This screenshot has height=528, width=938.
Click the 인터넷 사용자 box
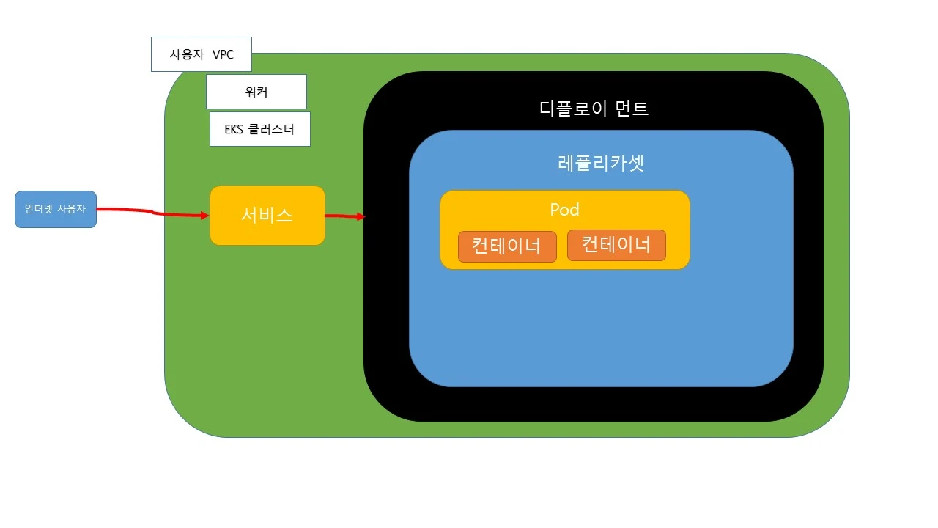(56, 209)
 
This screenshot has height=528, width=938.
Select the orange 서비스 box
(267, 216)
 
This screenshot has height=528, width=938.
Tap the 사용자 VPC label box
(201, 54)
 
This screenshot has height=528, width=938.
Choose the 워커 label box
(256, 92)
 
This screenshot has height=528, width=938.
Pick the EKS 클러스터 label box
(259, 129)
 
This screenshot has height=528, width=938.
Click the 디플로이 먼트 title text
(594, 109)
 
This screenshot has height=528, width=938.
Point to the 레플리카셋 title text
(601, 163)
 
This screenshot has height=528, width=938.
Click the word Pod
(564, 210)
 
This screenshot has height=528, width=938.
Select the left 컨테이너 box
(507, 246)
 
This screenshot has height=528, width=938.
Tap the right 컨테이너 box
(616, 245)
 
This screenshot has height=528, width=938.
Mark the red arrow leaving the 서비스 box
(341, 216)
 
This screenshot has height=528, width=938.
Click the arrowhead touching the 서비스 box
(204, 216)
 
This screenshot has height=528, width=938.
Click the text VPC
(223, 55)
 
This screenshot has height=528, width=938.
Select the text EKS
(234, 130)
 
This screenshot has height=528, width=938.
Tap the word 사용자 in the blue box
(71, 209)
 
